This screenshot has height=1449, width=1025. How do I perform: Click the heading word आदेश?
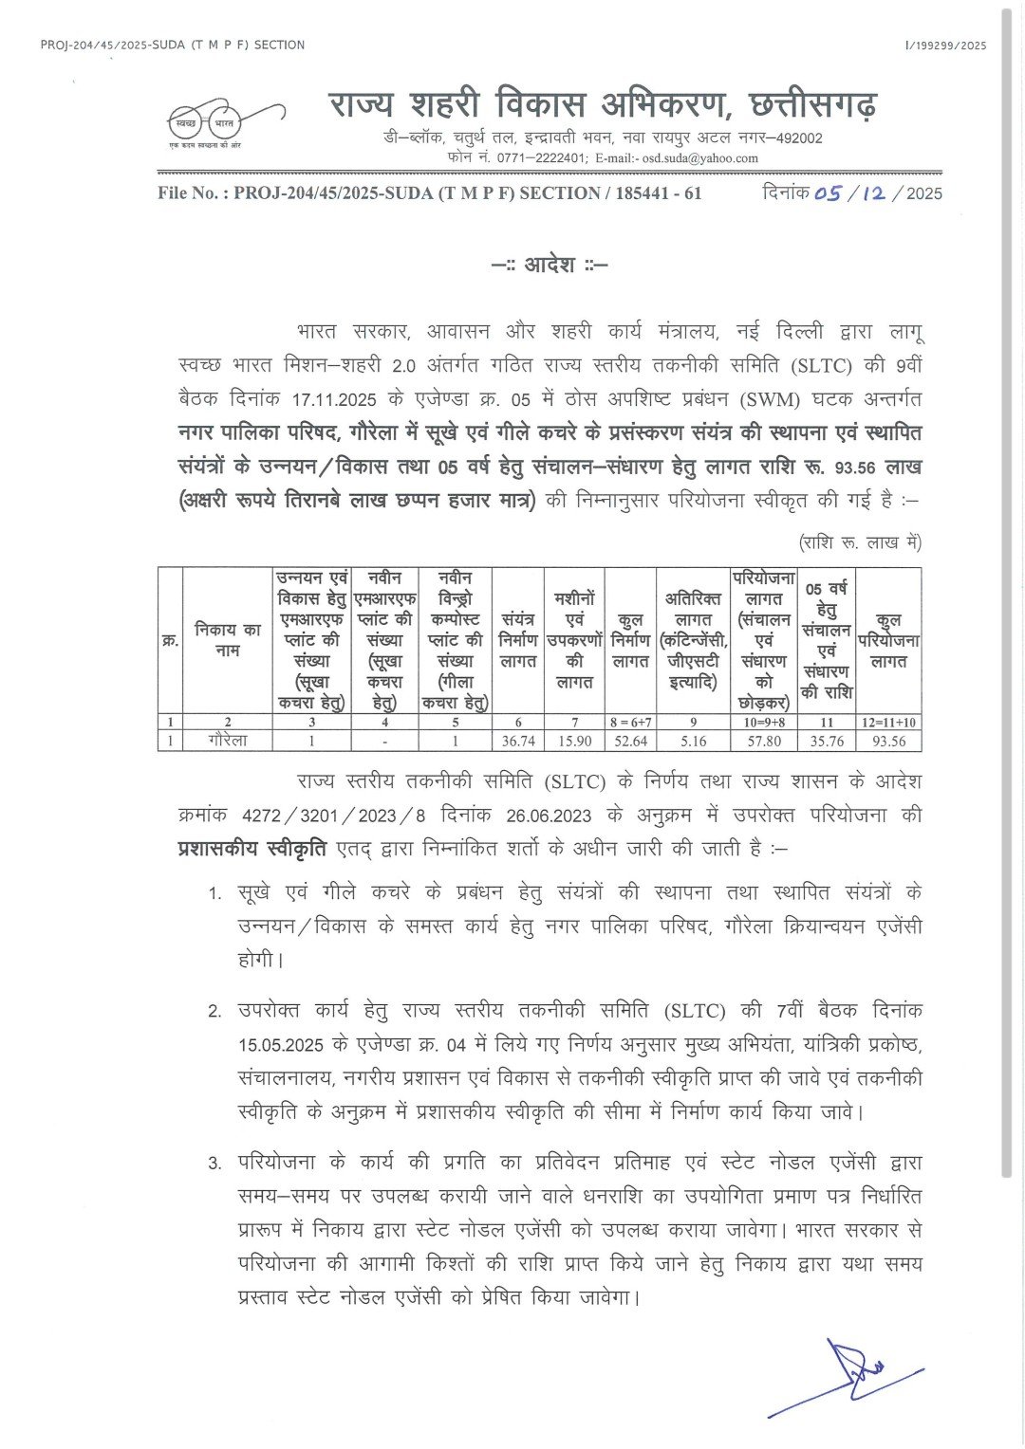tap(550, 265)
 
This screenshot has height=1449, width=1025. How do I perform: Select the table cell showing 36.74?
tap(518, 741)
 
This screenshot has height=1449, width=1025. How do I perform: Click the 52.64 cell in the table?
tap(631, 741)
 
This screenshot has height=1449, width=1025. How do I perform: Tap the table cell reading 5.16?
tap(694, 741)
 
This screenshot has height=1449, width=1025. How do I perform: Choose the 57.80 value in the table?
tap(764, 741)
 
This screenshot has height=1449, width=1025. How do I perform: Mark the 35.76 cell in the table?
tap(826, 741)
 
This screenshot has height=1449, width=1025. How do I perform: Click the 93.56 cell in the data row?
tap(888, 741)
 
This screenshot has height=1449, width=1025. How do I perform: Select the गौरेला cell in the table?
tap(228, 741)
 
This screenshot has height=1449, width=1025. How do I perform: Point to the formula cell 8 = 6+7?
tap(631, 723)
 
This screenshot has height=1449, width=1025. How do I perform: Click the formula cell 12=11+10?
tap(888, 723)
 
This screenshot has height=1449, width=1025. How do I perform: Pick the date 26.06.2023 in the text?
tap(548, 816)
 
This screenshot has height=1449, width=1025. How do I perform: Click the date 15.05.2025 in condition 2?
tap(281, 1045)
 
